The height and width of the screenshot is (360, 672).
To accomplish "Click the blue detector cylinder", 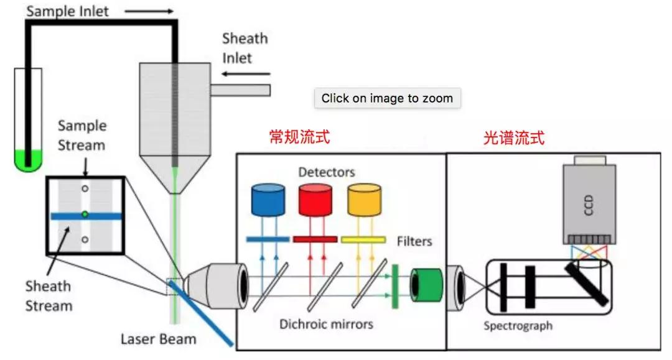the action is pos(268,200).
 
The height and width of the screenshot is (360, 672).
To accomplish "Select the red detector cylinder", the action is pos(315,200).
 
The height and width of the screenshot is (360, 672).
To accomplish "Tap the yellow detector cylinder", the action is pos(364,200).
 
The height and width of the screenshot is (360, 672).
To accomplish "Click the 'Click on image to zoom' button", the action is pos(387,98).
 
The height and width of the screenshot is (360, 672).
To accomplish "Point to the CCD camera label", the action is pos(589,205).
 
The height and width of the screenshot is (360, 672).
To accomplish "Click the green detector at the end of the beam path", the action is pos(426,285).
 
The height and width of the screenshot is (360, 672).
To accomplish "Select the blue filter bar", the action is pos(268,239).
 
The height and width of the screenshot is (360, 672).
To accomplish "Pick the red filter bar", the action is pos(315,239).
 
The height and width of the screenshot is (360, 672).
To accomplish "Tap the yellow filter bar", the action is pos(363,240).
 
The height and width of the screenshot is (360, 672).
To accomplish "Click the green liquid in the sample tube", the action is pos(28,160).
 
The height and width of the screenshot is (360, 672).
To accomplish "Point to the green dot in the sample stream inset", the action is pos(85,214).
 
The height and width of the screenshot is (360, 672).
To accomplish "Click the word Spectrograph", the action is pos(518,326).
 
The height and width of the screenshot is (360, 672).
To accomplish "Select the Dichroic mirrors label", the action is pos(326,324).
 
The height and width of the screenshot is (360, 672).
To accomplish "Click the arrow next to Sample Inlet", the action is pos(149,12).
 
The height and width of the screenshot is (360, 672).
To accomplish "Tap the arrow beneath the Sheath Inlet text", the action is pos(246,74).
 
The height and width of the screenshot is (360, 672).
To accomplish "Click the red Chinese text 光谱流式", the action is pos(513,138).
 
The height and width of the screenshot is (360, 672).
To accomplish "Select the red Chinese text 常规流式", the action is pos(299,137).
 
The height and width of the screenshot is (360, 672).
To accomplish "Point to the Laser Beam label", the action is pos(158,339).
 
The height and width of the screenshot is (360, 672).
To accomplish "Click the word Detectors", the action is pos(327,172).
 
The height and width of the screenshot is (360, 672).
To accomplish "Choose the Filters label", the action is pos(414,241).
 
